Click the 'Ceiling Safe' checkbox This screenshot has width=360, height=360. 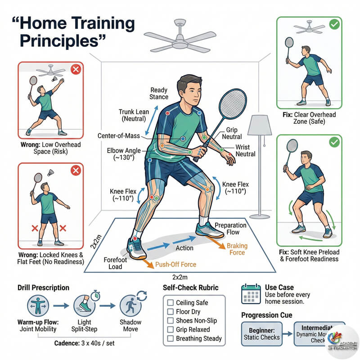pos(170,302)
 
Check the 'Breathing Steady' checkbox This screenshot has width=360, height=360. pos(170,338)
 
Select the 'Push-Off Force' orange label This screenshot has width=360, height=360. pos(175,264)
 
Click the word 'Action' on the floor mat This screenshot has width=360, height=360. pos(184,248)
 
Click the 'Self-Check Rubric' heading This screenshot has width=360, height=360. pos(191,288)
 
